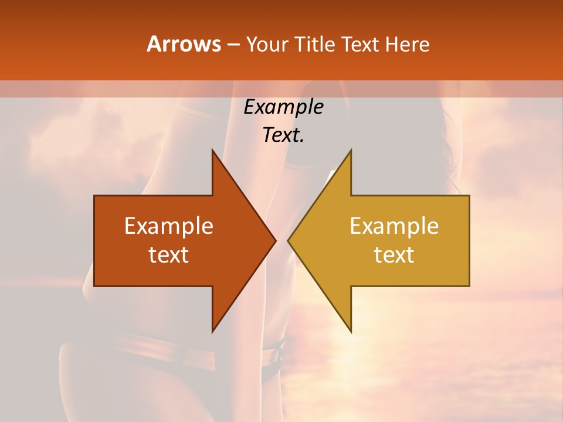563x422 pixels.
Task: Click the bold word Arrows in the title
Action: pyautogui.click(x=184, y=44)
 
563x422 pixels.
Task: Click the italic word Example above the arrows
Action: pyautogui.click(x=283, y=107)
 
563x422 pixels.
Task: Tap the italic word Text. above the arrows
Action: pyautogui.click(x=283, y=135)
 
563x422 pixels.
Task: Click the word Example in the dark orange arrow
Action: pyautogui.click(x=169, y=226)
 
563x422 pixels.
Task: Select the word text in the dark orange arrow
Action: pyautogui.click(x=169, y=254)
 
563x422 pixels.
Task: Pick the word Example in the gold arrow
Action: pyautogui.click(x=394, y=226)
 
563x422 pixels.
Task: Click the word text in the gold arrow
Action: pyautogui.click(x=394, y=254)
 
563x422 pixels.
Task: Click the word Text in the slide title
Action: pyautogui.click(x=359, y=45)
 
